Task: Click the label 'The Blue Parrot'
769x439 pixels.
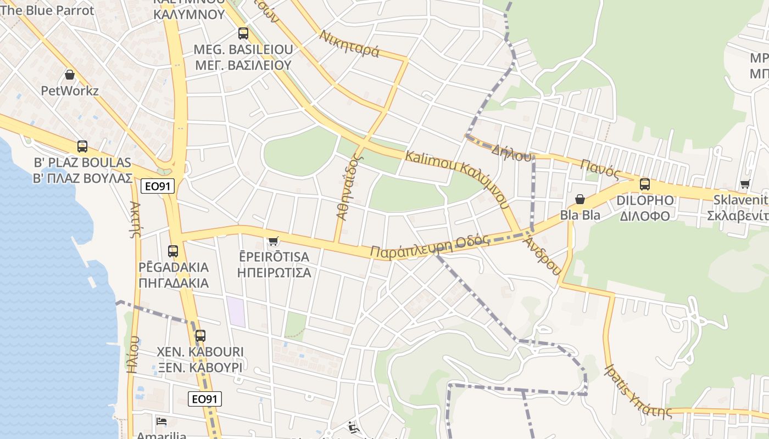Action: click(47, 10)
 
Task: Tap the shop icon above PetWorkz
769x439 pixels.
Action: click(70, 75)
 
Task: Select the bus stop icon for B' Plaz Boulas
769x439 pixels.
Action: click(82, 147)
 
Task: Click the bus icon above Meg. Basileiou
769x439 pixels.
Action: click(243, 33)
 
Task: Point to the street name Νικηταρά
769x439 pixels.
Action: click(349, 44)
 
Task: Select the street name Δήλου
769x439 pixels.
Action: click(512, 152)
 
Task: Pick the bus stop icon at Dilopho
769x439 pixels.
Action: click(645, 184)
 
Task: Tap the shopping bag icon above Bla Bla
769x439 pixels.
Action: click(580, 199)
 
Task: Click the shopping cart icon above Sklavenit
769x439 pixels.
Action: click(745, 184)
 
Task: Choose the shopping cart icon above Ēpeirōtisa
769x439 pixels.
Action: click(274, 241)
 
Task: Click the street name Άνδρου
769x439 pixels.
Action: click(543, 256)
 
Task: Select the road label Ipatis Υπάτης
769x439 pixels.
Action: click(638, 390)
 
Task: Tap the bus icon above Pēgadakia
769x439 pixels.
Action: click(173, 251)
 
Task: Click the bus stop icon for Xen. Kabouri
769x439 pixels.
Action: click(200, 335)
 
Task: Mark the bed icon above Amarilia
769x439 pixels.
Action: click(161, 421)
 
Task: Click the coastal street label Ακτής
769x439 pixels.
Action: click(135, 219)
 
